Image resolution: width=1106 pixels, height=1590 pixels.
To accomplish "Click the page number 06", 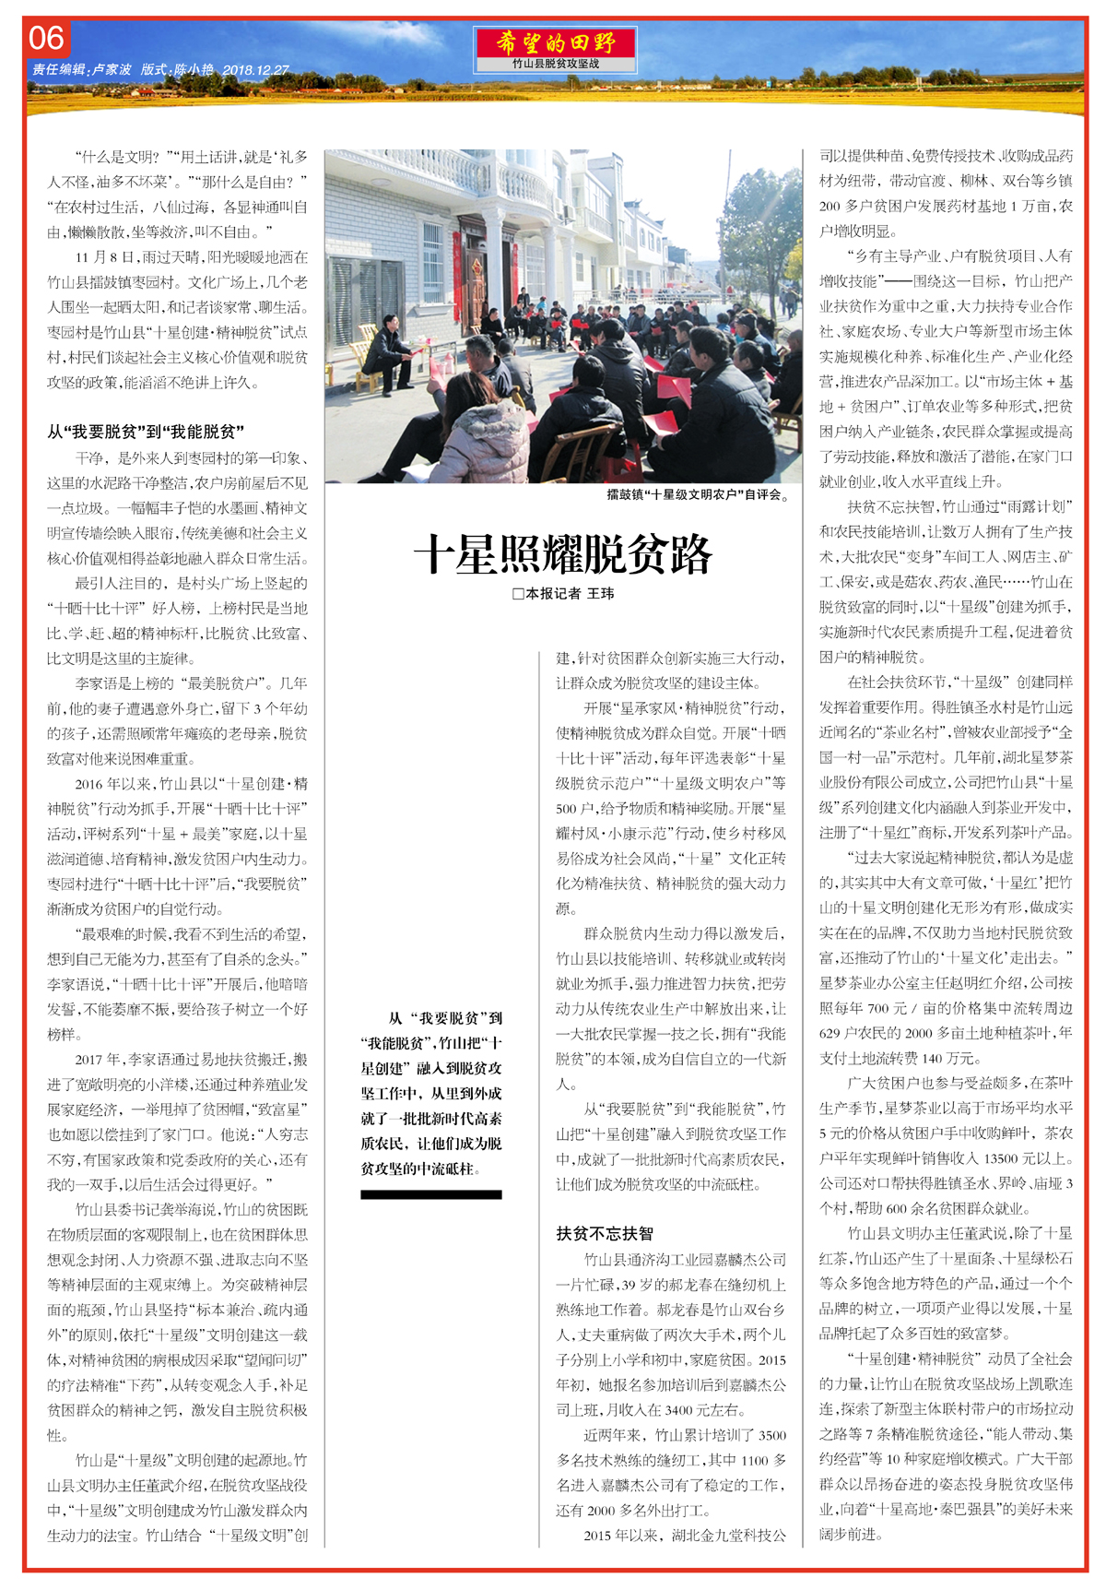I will pos(47,39).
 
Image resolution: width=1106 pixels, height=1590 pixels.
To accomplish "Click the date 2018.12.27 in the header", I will pos(255,70).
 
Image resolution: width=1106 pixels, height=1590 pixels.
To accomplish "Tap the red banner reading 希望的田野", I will pos(555,42).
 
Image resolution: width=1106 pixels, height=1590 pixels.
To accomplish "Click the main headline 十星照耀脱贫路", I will pos(562,554).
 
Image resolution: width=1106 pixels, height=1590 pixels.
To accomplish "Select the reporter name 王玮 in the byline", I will pos(601,594).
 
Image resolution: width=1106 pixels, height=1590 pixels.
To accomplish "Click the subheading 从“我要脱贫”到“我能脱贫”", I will pos(146,432).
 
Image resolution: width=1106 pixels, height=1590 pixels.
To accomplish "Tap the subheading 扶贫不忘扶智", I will pos(605,1233).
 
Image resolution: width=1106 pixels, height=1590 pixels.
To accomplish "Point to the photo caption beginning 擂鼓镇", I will pos(698,494).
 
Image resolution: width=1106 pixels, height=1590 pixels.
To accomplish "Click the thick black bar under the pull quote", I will pos(431,1194).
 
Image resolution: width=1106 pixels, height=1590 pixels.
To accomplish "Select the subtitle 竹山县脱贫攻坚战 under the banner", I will pos(556,64).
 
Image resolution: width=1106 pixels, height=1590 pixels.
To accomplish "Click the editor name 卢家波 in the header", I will pos(112,70).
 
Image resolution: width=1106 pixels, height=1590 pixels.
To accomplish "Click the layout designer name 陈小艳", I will pos(194,70).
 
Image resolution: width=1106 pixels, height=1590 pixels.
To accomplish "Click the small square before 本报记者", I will pos(518,594).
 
